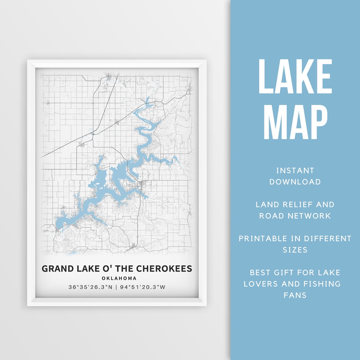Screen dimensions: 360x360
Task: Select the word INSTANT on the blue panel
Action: tap(295, 171)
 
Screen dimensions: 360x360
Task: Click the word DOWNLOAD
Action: tap(295, 182)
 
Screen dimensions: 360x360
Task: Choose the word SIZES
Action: tap(295, 250)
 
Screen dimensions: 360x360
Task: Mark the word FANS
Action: tap(295, 295)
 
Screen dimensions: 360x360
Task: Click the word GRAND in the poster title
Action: tap(57, 269)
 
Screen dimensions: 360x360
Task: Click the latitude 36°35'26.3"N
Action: tap(90, 287)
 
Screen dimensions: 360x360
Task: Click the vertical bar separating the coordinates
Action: tap(116, 287)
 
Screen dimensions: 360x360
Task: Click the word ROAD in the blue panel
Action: tap(271, 216)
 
